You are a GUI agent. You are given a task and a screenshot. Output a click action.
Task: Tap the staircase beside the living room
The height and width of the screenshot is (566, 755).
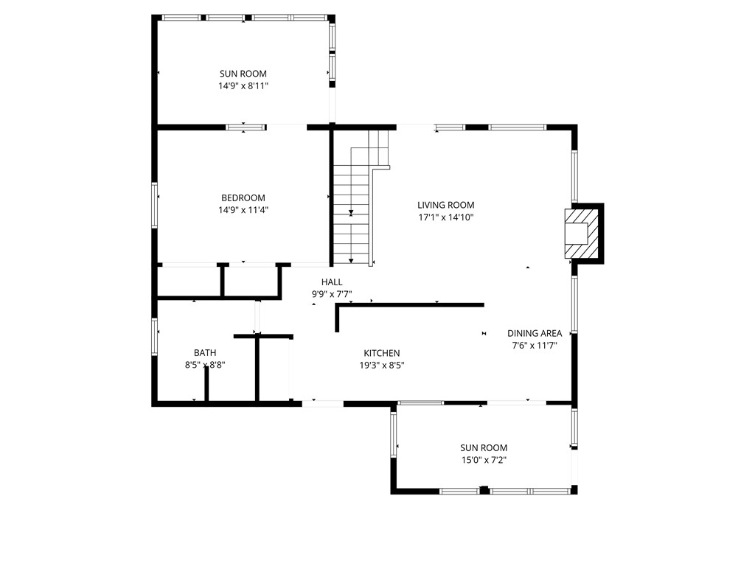pyautogui.click(x=351, y=214)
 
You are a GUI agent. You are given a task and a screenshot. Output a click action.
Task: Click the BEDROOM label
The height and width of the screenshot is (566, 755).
pyautogui.click(x=243, y=198)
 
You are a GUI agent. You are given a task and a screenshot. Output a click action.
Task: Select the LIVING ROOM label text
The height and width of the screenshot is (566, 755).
pyautogui.click(x=445, y=205)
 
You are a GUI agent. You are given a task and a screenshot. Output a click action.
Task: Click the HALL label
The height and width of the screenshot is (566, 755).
pyautogui.click(x=331, y=282)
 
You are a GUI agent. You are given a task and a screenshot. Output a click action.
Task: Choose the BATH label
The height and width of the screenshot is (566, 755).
pyautogui.click(x=205, y=352)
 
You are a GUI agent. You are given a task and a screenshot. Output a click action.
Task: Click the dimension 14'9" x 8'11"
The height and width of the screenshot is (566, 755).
pyautogui.click(x=243, y=85)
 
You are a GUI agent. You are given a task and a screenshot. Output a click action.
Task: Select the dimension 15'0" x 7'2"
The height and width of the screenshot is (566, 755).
pyautogui.click(x=484, y=460)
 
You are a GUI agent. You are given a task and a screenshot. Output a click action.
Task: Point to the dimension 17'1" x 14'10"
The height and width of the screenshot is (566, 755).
pyautogui.click(x=445, y=217)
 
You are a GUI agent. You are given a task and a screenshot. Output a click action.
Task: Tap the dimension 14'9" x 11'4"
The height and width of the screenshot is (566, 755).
pyautogui.click(x=243, y=210)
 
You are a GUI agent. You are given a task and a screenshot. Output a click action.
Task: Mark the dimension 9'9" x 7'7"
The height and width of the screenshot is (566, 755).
pyautogui.click(x=331, y=294)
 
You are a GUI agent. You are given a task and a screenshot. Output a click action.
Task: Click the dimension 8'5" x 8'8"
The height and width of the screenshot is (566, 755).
pyautogui.click(x=205, y=364)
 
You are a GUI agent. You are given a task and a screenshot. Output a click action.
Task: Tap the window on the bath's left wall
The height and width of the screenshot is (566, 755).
pyautogui.click(x=155, y=336)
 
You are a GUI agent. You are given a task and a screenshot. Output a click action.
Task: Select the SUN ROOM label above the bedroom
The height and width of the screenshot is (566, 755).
pyautogui.click(x=243, y=74)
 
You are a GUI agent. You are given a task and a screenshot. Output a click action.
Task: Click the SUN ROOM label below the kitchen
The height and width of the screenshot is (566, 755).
pyautogui.click(x=484, y=447)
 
